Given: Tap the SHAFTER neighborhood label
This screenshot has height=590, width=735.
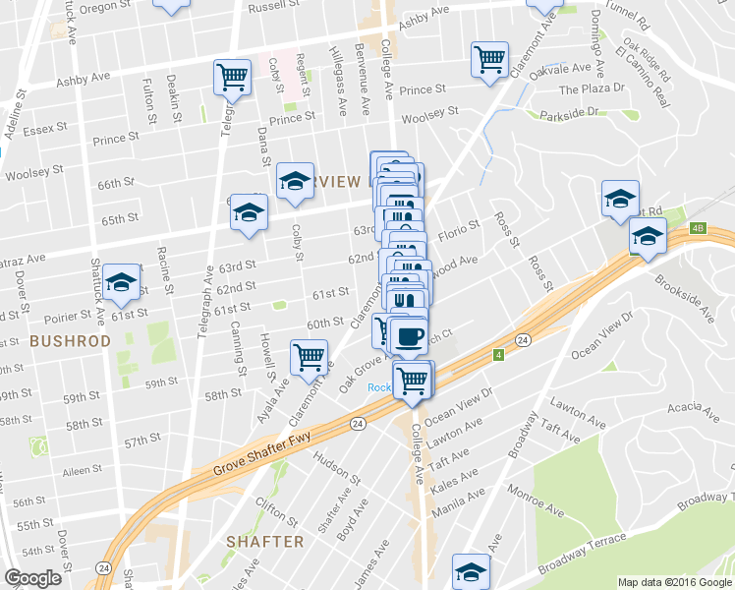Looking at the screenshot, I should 264,542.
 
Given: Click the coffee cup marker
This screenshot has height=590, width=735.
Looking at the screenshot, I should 409,336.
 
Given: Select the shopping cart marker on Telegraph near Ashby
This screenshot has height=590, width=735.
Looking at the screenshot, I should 232,77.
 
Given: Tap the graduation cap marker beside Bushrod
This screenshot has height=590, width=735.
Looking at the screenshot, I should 122,282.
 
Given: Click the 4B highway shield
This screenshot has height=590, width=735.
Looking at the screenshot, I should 699,229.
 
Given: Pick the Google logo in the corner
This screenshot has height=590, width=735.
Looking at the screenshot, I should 32,578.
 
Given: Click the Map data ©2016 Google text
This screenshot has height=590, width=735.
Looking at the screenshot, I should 675,582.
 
